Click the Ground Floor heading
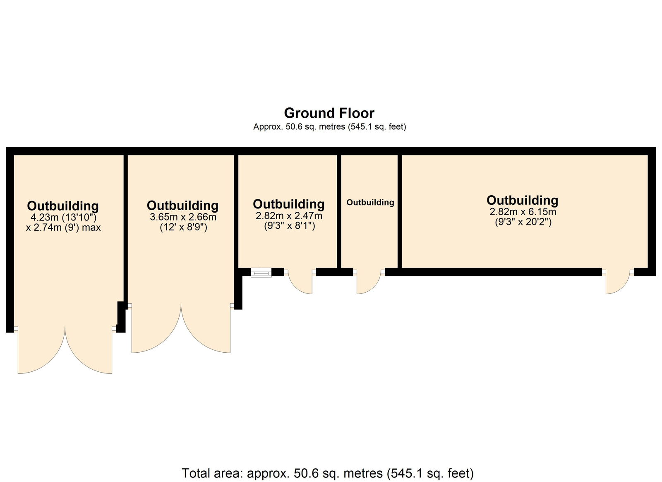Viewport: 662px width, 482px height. (329, 113)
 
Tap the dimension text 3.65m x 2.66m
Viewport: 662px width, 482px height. (183, 217)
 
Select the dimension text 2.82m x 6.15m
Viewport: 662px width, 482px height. (523, 212)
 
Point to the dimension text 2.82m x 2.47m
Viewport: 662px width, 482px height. (289, 216)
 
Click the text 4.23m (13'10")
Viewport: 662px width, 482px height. (64, 217)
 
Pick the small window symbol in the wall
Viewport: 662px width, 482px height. (261, 272)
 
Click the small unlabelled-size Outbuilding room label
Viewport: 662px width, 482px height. (370, 203)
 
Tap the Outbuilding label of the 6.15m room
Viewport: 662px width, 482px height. (523, 201)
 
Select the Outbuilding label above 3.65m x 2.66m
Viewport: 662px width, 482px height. (182, 206)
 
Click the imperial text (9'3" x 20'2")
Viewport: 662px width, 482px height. (523, 222)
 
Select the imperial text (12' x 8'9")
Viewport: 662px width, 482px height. (183, 228)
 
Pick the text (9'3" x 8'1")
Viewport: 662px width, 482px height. (289, 226)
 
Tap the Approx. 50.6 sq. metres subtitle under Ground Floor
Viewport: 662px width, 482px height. (329, 127)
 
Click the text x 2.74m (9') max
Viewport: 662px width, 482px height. (63, 228)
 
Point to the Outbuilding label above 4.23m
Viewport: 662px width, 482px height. (63, 206)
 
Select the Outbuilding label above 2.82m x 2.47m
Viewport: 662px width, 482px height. (289, 204)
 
